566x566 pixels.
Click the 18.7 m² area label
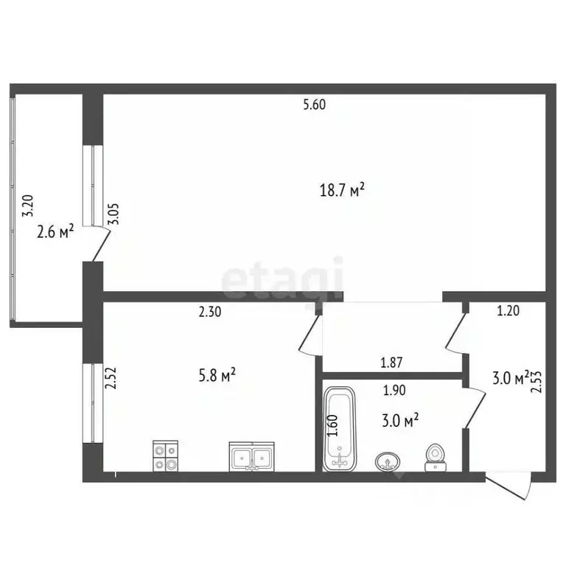342,189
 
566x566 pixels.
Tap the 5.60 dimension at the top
315,105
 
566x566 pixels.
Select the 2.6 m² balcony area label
55,231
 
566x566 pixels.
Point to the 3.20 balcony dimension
28,206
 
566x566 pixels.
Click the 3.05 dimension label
116,214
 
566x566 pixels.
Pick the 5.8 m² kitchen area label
217,375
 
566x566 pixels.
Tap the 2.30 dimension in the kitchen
210,312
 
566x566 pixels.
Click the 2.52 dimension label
111,378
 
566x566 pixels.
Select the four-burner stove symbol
166,456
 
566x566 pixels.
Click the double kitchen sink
251,457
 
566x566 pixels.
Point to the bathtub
339,429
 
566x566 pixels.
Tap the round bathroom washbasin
388,461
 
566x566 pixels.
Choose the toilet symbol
436,458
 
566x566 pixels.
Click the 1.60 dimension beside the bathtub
334,425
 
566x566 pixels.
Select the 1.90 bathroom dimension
394,390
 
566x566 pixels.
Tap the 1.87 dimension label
391,363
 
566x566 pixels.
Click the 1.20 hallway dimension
509,311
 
